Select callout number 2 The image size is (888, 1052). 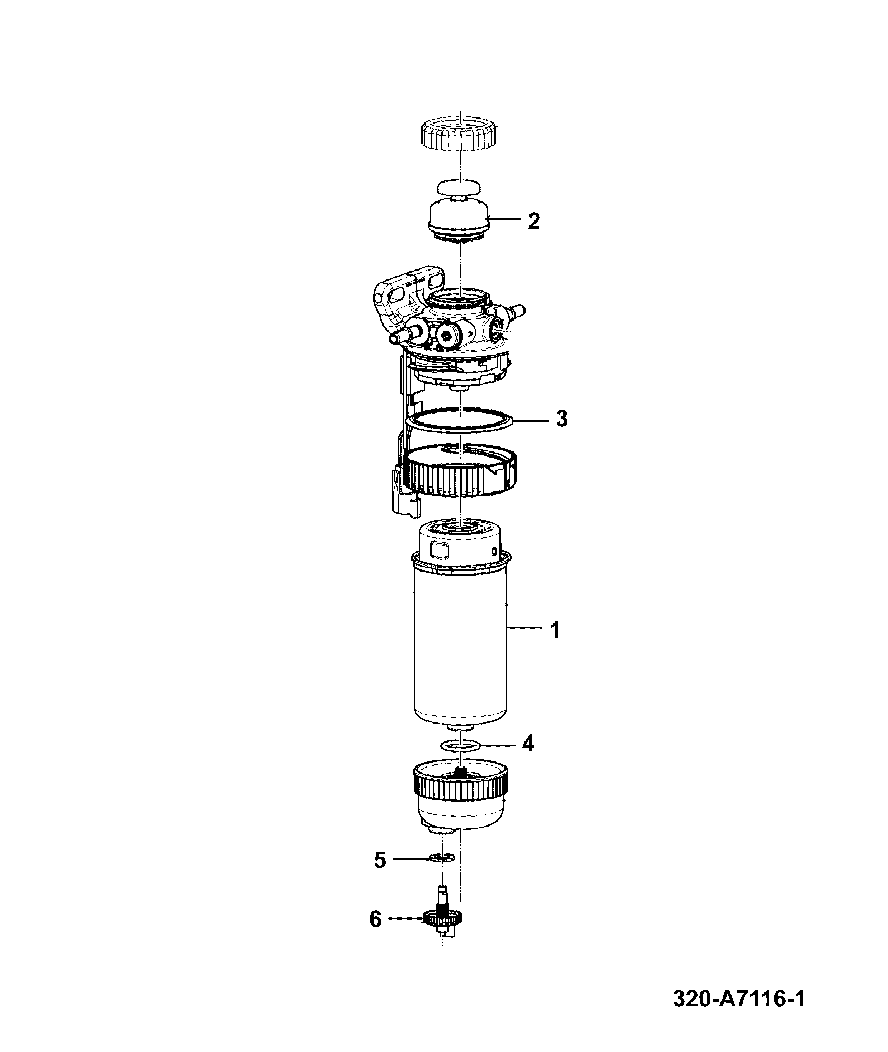[x=533, y=221]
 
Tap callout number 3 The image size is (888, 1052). [x=562, y=418]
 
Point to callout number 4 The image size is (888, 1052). [x=528, y=744]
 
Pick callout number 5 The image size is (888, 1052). [x=380, y=860]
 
